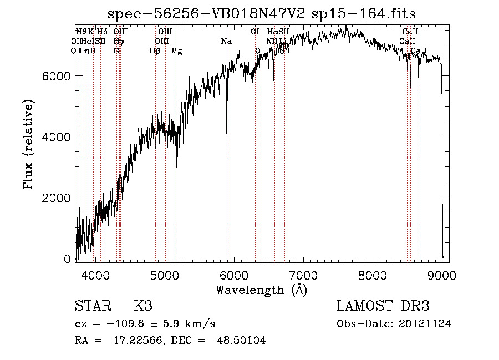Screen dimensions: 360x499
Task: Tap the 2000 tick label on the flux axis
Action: click(57, 197)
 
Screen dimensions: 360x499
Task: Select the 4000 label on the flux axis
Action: click(57, 136)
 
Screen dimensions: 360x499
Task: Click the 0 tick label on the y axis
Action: click(68, 258)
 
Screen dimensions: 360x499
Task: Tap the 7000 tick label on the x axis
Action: click(303, 275)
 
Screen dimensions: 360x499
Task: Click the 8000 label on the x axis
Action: click(373, 275)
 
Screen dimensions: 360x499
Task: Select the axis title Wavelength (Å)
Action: click(261, 290)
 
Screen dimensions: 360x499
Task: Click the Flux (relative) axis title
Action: click(28, 144)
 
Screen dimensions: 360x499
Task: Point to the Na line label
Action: click(226, 41)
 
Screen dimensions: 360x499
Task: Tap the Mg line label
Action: click(176, 51)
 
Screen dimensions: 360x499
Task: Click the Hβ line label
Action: click(155, 51)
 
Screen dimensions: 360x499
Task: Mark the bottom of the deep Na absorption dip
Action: click(227, 133)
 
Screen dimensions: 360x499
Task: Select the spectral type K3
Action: click(143, 306)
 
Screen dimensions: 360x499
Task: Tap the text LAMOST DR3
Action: click(383, 306)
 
